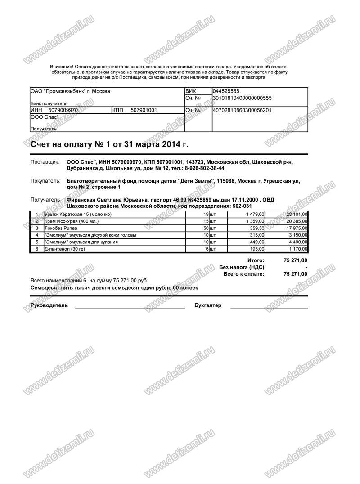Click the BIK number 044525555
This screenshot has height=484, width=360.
226,91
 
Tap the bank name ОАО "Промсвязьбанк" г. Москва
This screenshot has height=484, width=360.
70,91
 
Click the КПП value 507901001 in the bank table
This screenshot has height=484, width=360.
144,110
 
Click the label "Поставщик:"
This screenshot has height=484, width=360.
45,161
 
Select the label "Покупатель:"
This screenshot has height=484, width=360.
45,181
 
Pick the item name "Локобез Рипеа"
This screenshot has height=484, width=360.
61,228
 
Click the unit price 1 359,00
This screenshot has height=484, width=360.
255,221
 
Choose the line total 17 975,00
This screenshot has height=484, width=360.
295,228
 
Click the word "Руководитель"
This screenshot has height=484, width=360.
49,305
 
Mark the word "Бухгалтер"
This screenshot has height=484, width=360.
208,305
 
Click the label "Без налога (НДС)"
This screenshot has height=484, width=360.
241,267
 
